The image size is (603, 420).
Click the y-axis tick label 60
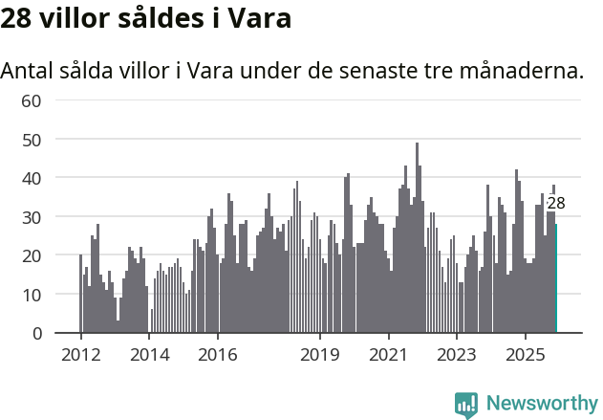tap(31, 100)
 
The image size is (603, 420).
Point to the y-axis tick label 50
tap(31, 140)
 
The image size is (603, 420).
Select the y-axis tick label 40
tap(31, 178)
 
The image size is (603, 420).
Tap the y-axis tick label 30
tap(31, 217)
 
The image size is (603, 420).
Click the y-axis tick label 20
tap(31, 255)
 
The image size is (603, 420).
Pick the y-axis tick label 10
tap(31, 295)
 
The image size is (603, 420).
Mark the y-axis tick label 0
tap(36, 333)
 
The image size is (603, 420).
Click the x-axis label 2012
tap(80, 356)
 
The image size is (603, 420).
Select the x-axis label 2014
tap(149, 356)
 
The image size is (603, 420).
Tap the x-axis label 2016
tap(218, 356)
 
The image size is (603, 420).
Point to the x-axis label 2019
tap(320, 356)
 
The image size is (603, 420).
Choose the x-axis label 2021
tap(389, 356)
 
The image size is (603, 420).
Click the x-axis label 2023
tap(457, 356)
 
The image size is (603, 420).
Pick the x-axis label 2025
tap(526, 356)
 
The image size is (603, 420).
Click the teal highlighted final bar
tap(556, 278)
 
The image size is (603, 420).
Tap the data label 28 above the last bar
tap(556, 203)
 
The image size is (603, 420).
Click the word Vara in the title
tap(259, 18)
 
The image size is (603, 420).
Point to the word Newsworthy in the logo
tap(541, 404)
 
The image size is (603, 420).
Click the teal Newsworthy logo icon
tap(466, 405)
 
